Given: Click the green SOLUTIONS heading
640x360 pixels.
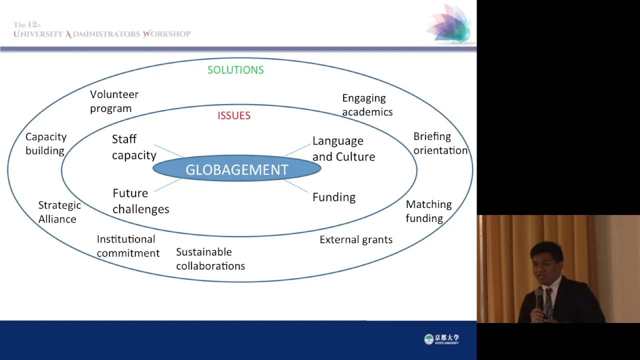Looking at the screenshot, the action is coord(235,70).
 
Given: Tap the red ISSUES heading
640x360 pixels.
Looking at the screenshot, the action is coord(233,115).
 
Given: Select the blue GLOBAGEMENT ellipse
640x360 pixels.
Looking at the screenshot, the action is coord(237,168).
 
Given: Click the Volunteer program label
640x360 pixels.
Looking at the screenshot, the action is coord(114,101).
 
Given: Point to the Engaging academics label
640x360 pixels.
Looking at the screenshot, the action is coord(367,105).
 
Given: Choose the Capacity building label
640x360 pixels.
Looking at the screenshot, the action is coord(46,143).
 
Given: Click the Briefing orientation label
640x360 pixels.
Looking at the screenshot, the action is coord(440,143).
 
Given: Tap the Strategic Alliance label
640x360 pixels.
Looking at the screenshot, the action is coord(59,212).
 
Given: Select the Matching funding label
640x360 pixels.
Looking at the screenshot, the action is coord(428,211).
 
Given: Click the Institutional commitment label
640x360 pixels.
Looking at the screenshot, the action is coord(128,246).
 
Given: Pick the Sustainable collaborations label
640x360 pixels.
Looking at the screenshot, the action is coord(210,259).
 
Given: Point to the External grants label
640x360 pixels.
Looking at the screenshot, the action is coord(355,239).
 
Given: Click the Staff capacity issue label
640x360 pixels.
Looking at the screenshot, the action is coord(134,147).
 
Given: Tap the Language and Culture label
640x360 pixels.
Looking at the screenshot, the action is coord(343,149).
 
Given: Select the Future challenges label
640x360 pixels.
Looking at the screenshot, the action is coord(141,201).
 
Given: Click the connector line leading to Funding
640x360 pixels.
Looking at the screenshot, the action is coord(296,186).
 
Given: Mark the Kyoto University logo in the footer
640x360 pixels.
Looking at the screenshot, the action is coord(441,339).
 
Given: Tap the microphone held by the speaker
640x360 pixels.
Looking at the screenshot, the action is coord(539,298).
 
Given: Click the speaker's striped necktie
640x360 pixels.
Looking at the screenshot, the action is coord(548,303).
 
